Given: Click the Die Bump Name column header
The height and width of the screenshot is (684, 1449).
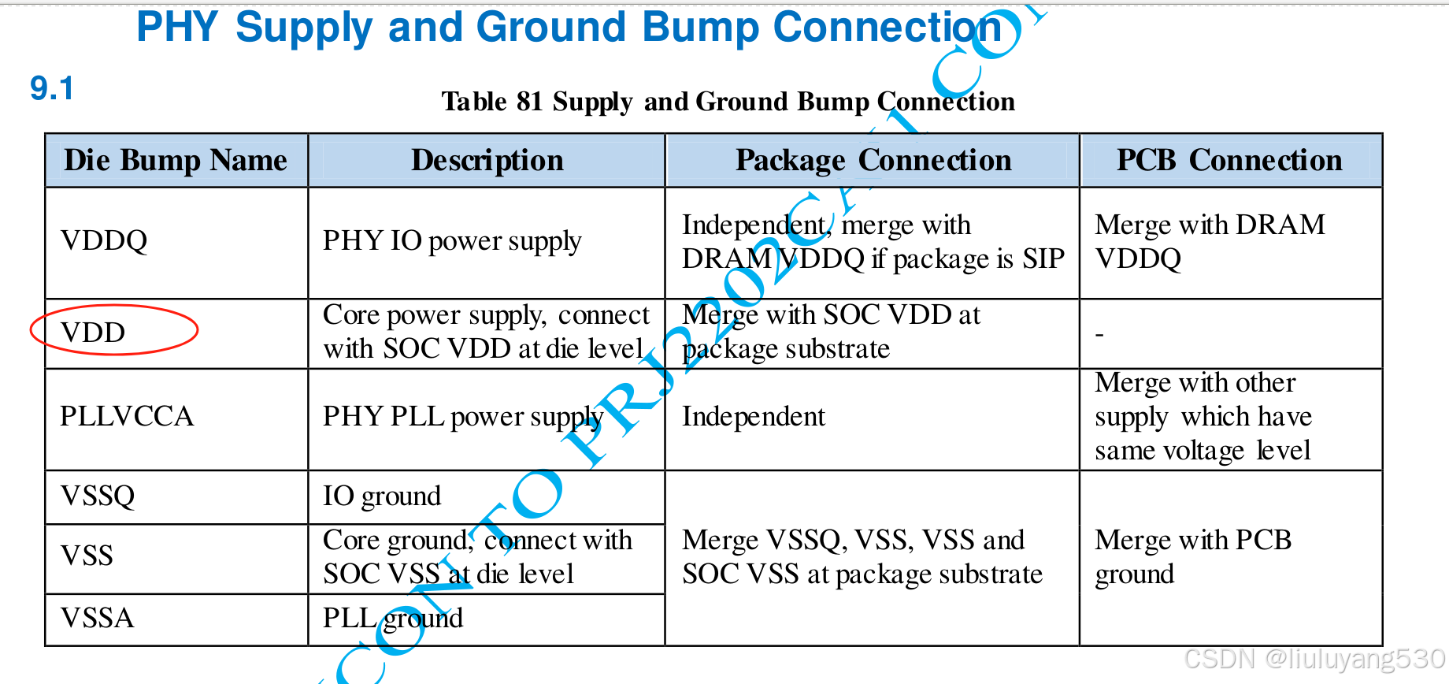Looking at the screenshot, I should (176, 160).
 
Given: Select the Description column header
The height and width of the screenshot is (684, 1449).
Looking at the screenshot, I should (487, 160).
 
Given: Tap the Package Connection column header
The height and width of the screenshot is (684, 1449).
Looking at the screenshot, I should (873, 160).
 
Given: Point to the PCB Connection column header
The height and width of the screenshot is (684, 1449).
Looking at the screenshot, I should (1229, 160).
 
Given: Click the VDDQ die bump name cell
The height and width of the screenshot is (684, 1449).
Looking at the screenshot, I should (104, 240).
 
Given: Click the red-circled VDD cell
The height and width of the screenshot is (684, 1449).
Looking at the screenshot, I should (94, 332).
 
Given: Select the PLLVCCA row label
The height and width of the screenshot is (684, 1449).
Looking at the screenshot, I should (127, 416).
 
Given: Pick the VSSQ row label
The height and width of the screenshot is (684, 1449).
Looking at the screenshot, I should (98, 496).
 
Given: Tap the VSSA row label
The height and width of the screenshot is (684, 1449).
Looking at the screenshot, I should (98, 618).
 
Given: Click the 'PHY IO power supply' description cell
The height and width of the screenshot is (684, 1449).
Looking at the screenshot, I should (452, 241).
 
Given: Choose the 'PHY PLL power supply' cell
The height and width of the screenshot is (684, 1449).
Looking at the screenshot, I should (463, 417).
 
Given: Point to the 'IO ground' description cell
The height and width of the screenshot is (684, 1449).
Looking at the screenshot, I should (382, 496).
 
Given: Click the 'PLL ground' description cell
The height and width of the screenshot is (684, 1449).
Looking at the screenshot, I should (393, 618).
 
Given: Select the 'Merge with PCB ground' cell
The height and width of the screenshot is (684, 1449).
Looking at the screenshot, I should (1192, 556).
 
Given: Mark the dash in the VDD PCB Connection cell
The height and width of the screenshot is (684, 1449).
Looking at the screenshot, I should (1099, 335).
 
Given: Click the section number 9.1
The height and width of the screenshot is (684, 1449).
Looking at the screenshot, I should (51, 88).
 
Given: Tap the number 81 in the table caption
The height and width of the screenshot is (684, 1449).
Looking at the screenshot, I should (529, 102).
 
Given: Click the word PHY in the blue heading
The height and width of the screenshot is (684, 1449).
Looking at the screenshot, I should (177, 28).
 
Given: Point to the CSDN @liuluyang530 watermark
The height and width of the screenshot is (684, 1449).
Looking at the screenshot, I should (1314, 659).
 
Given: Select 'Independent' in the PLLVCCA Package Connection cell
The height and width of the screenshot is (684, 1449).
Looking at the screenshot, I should (753, 416).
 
